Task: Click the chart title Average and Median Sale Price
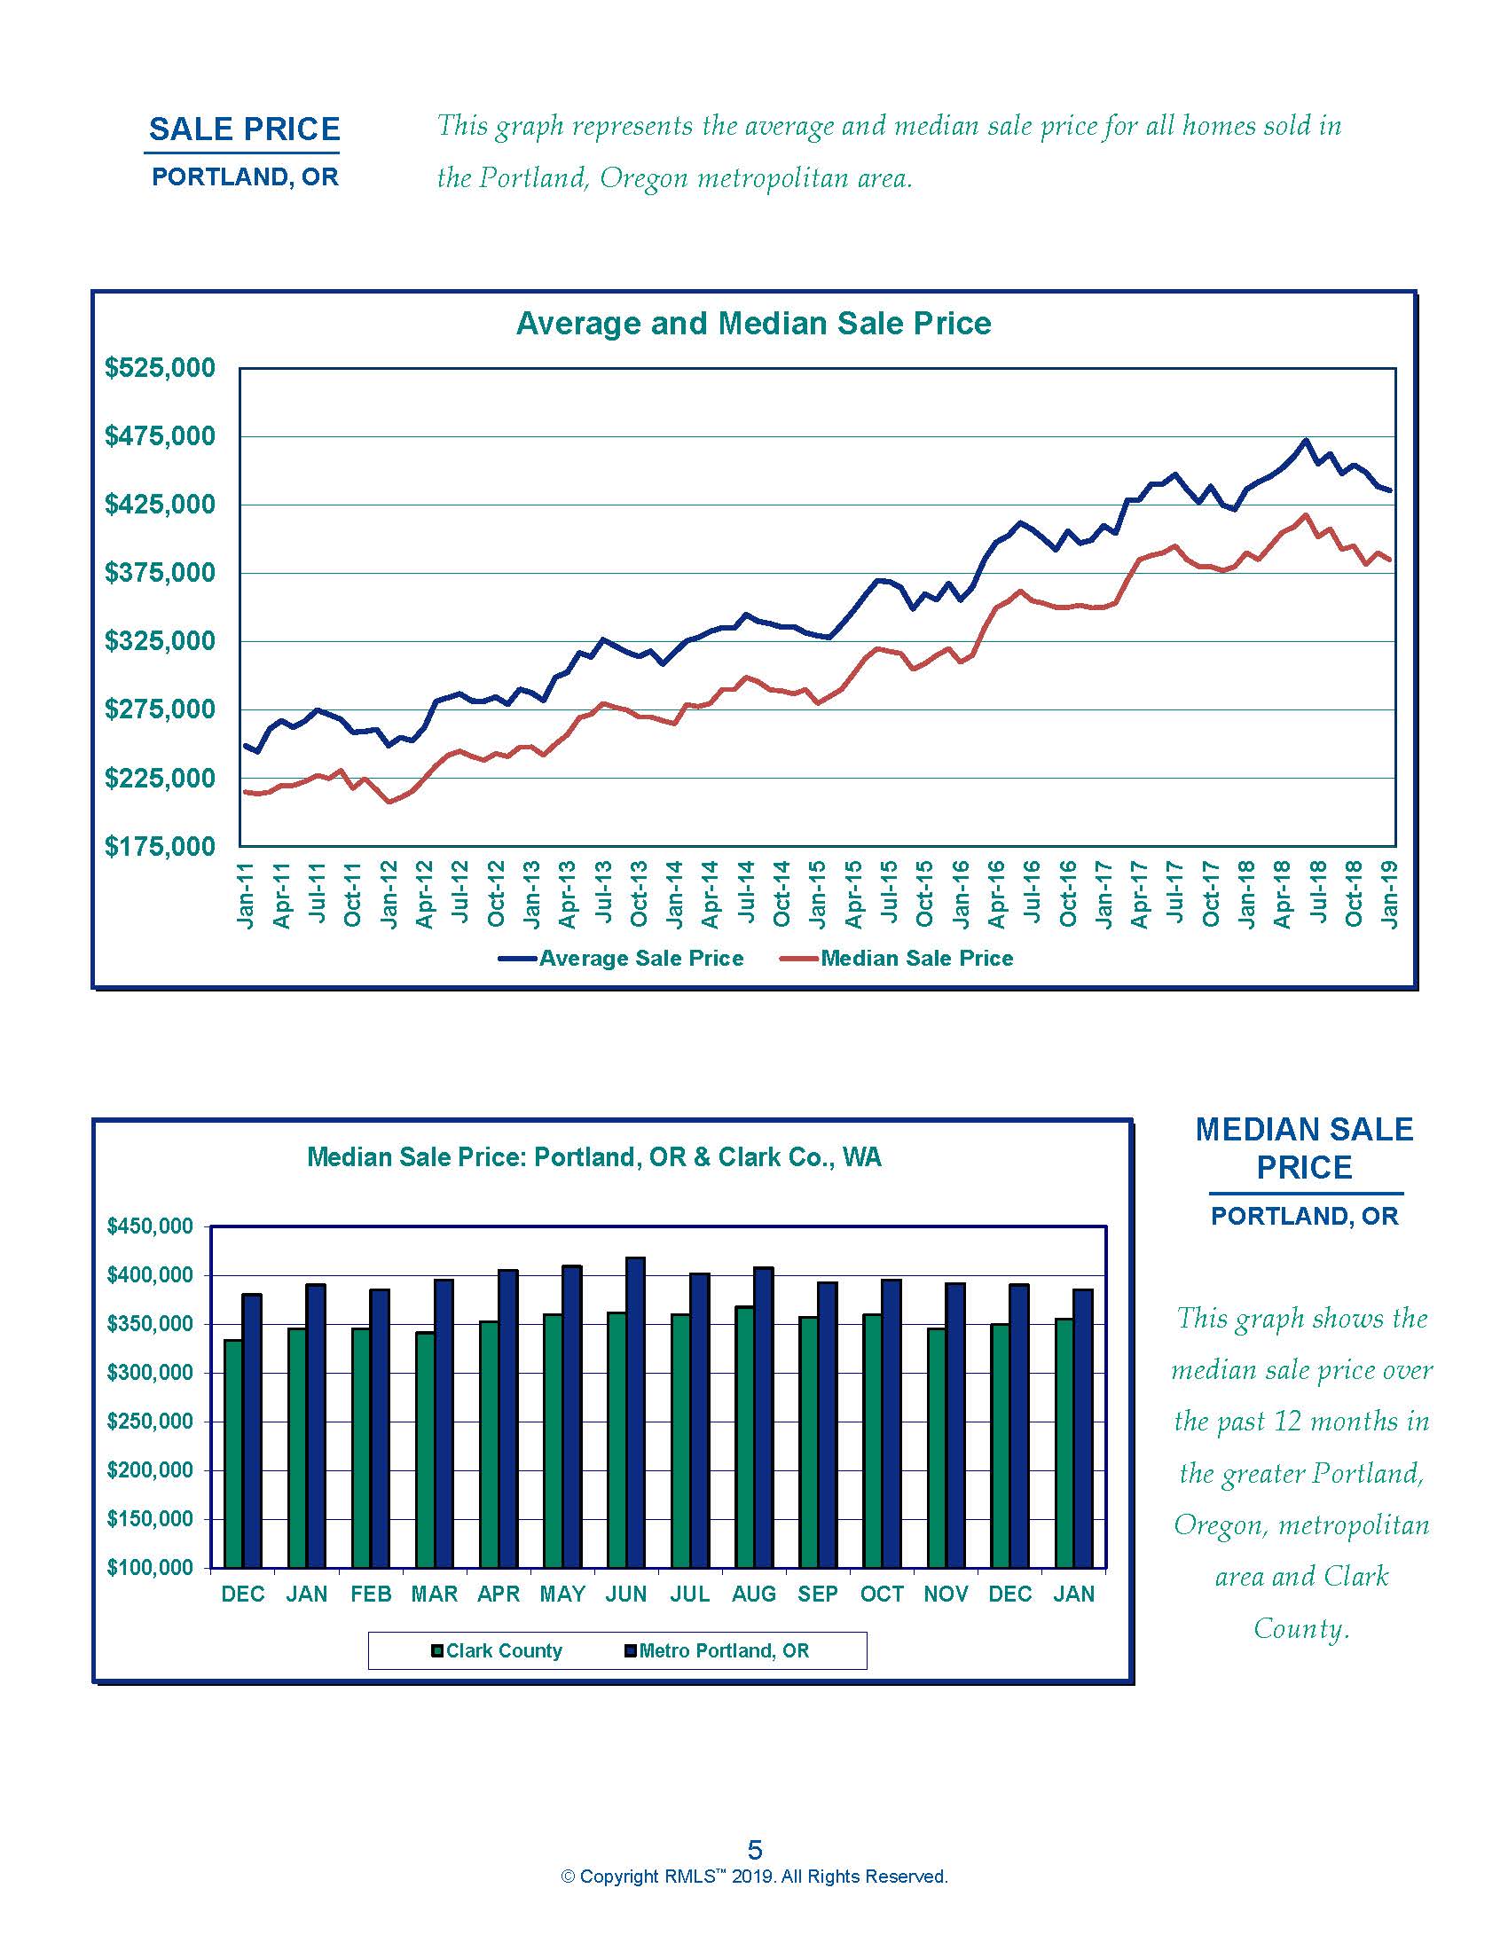[x=753, y=324]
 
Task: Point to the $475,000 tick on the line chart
[x=160, y=436]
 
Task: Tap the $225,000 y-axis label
[x=160, y=778]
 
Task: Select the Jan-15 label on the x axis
[x=818, y=893]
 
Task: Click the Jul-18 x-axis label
[x=1317, y=893]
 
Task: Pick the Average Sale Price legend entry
[x=640, y=959]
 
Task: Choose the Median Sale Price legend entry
[x=916, y=959]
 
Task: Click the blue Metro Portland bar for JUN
[x=636, y=1414]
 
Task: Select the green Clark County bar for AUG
[x=744, y=1438]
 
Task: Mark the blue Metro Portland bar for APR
[x=508, y=1420]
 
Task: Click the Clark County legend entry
[x=504, y=1651]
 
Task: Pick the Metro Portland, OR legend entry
[x=724, y=1651]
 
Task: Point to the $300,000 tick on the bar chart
[x=149, y=1373]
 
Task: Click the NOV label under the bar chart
[x=946, y=1594]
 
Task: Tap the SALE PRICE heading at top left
[x=244, y=129]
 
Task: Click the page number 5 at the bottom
[x=755, y=1849]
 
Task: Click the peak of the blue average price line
[x=1306, y=440]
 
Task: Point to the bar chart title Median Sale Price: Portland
[x=594, y=1157]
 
